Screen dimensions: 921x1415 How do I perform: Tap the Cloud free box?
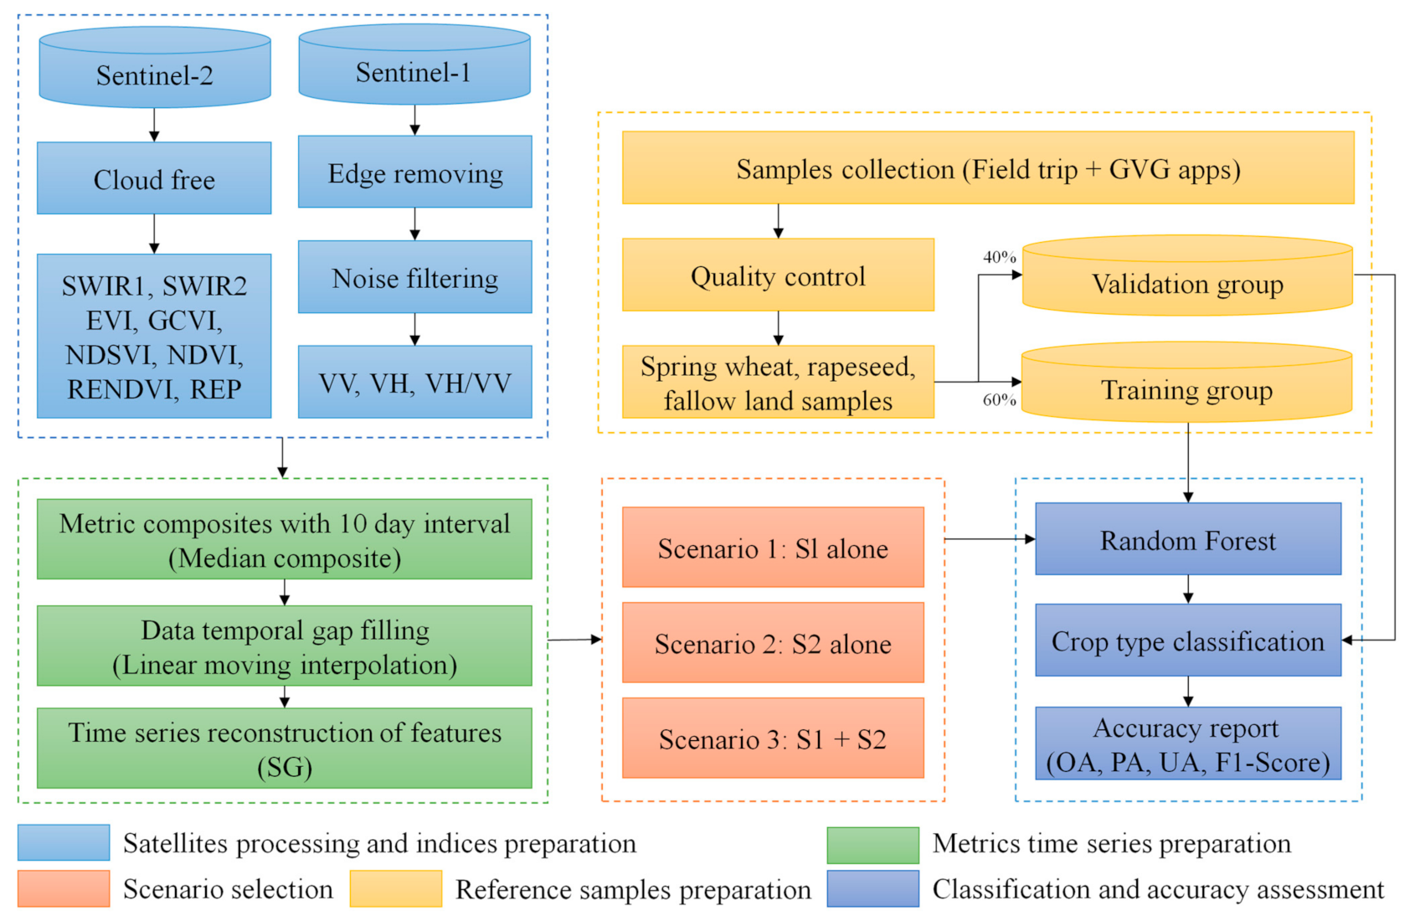pos(154,178)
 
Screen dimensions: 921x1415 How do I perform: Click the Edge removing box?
pos(415,172)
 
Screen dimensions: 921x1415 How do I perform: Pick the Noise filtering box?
pos(415,277)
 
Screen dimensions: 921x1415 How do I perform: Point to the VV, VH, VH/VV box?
pos(415,383)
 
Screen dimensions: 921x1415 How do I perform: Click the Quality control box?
pos(778,275)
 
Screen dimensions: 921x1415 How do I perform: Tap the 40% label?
pos(999,257)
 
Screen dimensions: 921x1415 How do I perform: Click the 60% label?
pos(999,400)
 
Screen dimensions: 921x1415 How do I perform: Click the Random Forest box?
pos(1187,540)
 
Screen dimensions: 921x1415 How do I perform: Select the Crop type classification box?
pos(1187,641)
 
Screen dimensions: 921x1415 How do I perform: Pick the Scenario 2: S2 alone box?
pos(773,643)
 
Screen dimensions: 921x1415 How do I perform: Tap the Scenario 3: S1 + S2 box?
pos(773,738)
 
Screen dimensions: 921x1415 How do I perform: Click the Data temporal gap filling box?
pos(285,646)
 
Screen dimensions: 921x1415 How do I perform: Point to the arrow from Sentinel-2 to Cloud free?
pos(154,125)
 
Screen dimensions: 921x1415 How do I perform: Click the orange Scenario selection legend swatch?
pos(64,888)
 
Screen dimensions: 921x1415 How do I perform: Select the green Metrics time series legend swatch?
pos(872,844)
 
